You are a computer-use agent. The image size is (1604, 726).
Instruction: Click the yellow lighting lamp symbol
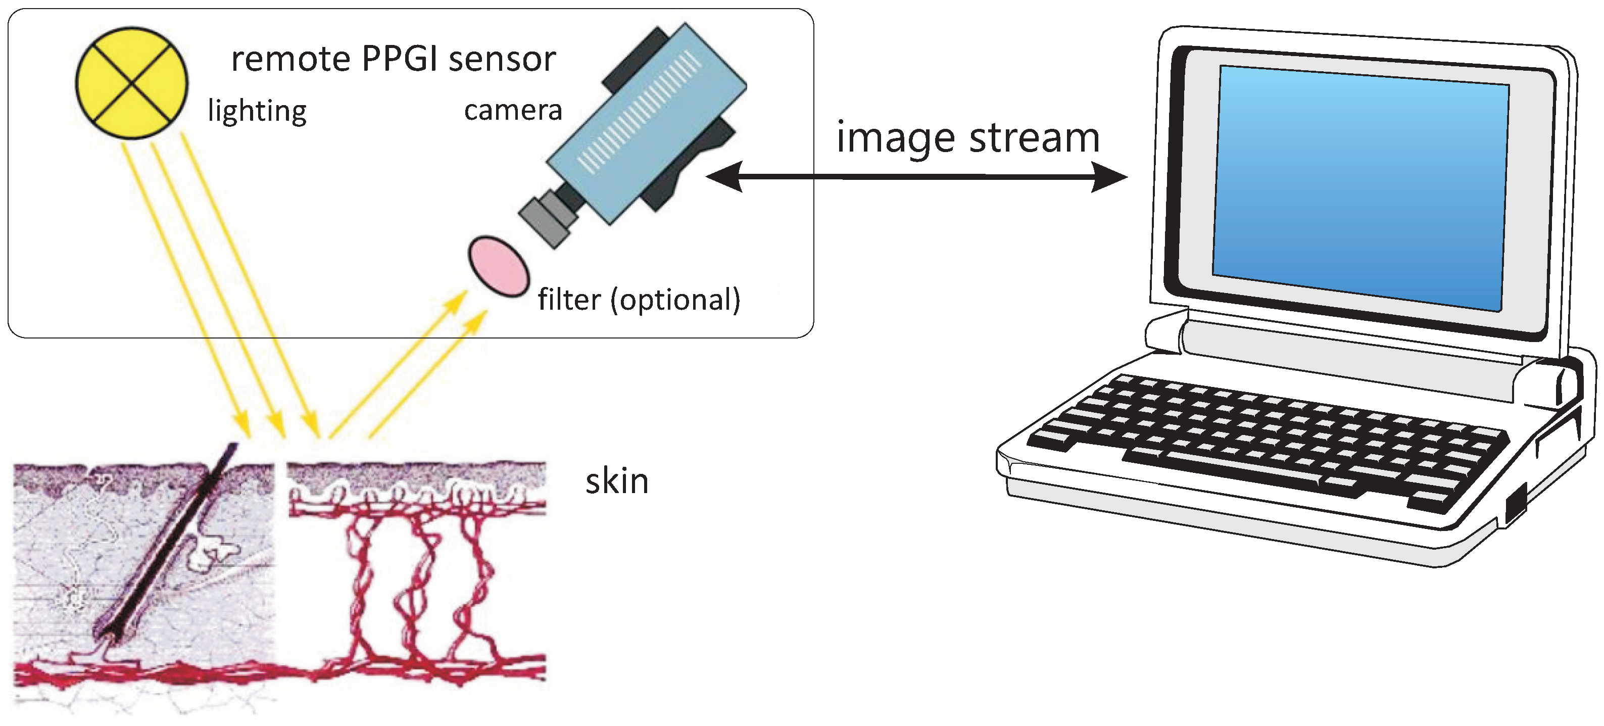[x=131, y=83]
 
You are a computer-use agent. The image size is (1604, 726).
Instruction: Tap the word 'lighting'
[x=257, y=112]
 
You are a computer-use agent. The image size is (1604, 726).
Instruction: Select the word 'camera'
[x=513, y=111]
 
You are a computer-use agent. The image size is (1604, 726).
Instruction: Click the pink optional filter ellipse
[x=499, y=266]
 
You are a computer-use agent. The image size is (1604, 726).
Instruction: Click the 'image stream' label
[x=967, y=138]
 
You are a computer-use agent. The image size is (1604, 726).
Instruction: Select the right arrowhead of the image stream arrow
[x=1111, y=177]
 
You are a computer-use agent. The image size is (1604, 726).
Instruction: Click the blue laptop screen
[x=1360, y=187]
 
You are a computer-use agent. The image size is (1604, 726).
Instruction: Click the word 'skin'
[x=616, y=482]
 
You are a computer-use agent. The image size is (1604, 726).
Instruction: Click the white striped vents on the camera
[x=642, y=112]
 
